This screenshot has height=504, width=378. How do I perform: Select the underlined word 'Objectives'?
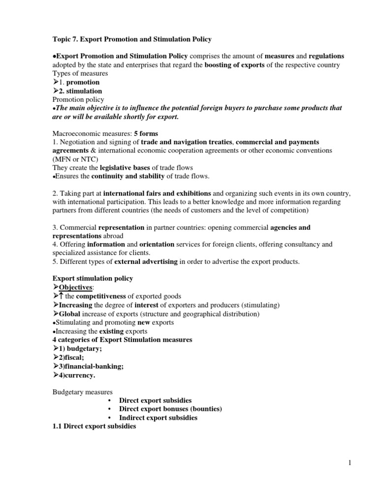(x=75, y=287)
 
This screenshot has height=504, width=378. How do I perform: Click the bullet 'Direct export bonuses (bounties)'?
(x=170, y=409)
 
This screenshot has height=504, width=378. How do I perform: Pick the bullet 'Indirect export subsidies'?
(x=158, y=417)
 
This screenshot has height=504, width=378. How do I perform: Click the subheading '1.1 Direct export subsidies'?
(x=94, y=426)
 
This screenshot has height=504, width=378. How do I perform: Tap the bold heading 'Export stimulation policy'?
(x=93, y=279)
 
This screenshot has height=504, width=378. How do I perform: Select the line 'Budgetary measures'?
(x=82, y=392)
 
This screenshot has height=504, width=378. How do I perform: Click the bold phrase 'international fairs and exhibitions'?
(x=157, y=193)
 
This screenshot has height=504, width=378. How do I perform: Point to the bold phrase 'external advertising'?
(x=146, y=261)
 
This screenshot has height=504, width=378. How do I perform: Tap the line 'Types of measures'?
(x=80, y=73)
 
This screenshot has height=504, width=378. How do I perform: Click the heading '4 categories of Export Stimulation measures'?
(x=122, y=340)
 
